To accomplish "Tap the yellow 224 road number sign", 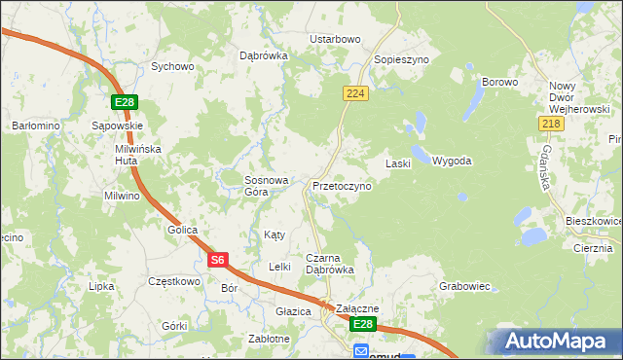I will (x=353, y=92).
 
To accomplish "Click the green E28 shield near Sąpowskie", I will (x=124, y=102).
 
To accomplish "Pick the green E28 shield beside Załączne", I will (x=362, y=323).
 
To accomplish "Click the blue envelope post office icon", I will (x=361, y=351).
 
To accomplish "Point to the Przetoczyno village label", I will (x=342, y=185).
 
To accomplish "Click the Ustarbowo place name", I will (x=335, y=39).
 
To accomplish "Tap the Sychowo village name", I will (x=172, y=67).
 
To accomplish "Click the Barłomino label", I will (x=36, y=126).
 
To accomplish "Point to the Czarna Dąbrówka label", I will (x=330, y=263).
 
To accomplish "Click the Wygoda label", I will (x=452, y=161).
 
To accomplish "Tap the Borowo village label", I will (x=499, y=83).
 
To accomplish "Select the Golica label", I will (x=181, y=230).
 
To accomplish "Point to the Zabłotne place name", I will (x=269, y=339).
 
